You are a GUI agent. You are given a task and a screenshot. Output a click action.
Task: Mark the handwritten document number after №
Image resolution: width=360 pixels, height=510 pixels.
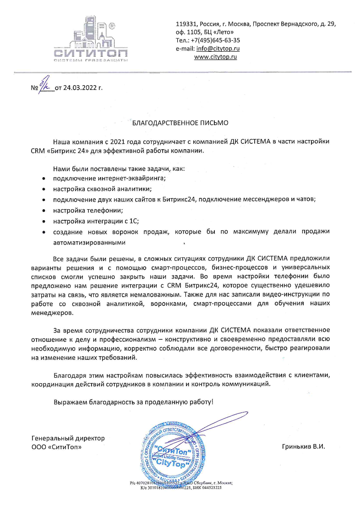45,85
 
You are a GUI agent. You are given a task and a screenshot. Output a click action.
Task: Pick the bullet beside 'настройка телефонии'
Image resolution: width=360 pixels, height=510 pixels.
44,211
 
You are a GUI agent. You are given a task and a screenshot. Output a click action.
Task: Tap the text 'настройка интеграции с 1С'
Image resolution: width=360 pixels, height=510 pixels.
96,222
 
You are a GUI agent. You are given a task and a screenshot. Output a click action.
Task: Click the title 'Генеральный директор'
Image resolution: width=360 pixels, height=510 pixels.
68,438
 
